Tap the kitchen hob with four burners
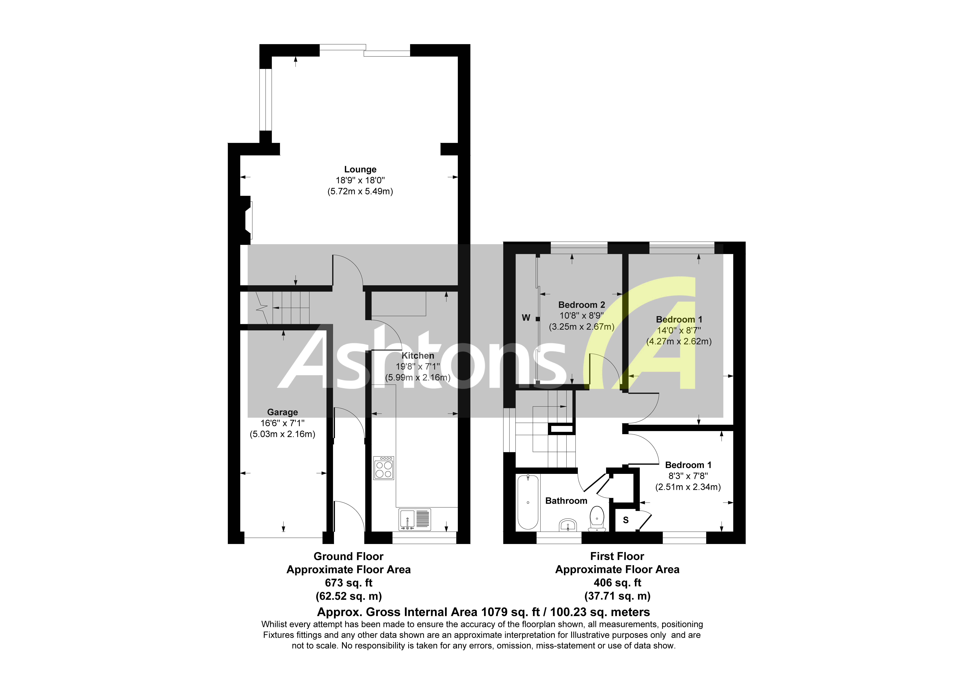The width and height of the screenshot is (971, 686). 384,468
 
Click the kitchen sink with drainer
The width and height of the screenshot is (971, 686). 415,519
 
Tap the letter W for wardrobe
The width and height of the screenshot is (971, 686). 526,318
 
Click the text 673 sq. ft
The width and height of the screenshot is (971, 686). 349,583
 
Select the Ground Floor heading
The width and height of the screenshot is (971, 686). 349,556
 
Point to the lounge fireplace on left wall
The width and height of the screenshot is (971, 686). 246,220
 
